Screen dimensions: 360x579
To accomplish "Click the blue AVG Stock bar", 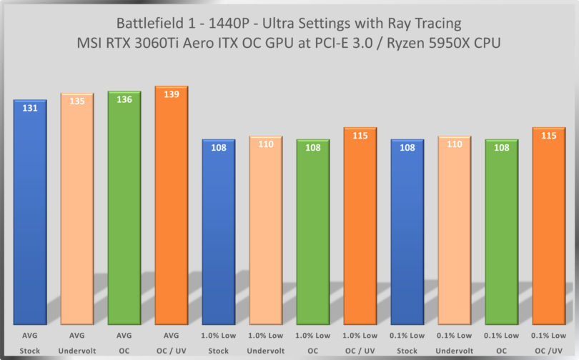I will (x=30, y=214).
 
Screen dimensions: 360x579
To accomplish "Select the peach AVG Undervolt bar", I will (x=77, y=214).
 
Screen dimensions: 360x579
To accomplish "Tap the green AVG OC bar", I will (x=124, y=214).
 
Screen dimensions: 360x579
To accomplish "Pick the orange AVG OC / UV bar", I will (x=172, y=214).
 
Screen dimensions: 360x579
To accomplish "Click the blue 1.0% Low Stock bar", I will (x=219, y=236).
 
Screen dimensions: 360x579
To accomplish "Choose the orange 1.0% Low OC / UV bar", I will (x=360, y=229).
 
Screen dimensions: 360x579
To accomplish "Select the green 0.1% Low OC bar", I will (x=502, y=236).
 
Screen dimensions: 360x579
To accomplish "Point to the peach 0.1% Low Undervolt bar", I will (x=455, y=236).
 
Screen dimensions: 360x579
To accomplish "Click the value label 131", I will (x=30, y=109).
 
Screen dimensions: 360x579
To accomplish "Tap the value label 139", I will (x=172, y=95).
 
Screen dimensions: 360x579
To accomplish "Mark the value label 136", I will (x=124, y=100).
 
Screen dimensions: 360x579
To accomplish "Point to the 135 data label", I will (x=77, y=101).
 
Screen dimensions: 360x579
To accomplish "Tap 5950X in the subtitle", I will (x=432, y=43).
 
